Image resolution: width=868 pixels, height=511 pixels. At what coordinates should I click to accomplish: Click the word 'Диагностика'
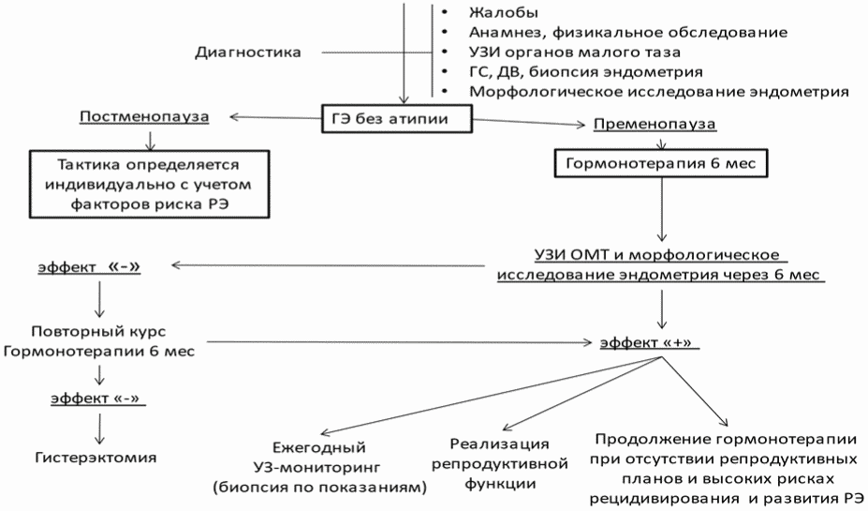click(247, 52)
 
